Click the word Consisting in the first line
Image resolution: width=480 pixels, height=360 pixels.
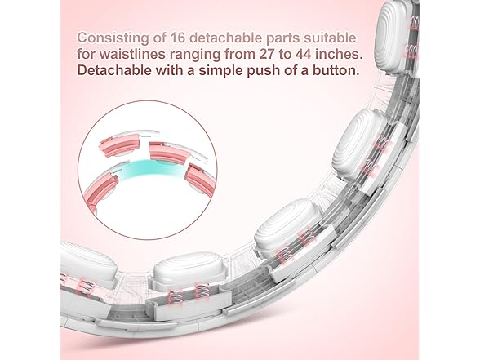pyautogui.click(x=113, y=38)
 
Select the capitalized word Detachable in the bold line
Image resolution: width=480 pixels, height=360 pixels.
pyautogui.click(x=114, y=70)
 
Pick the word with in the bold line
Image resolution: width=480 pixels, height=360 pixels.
pyautogui.click(x=169, y=70)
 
